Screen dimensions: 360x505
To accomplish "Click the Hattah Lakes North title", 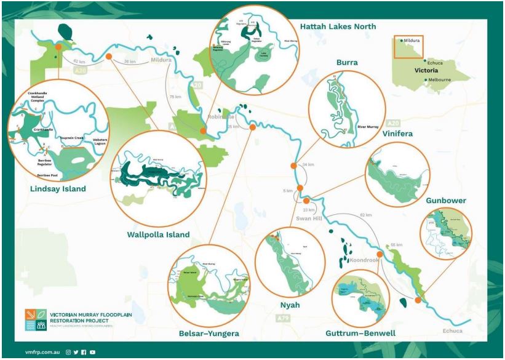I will (338, 26).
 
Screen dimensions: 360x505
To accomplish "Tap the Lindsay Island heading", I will (58, 188).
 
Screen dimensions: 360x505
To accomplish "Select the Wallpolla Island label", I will (158, 234).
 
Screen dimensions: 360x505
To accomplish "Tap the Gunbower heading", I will (445, 201).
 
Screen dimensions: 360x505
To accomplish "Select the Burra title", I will (347, 62).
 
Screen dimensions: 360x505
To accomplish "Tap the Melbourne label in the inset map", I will (439, 79).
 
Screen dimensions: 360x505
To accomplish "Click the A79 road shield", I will (283, 318).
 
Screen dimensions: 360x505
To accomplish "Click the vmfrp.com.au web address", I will (41, 352).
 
